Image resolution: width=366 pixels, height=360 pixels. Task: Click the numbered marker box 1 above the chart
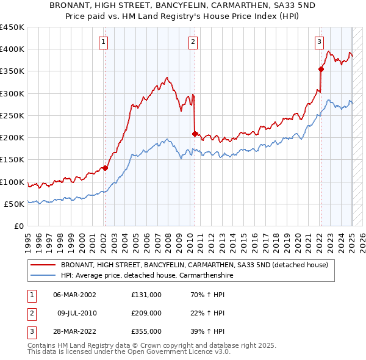[x=104, y=42]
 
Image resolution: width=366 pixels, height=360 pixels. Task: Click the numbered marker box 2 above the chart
[x=193, y=42]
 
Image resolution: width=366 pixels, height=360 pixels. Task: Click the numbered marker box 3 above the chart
[x=319, y=42]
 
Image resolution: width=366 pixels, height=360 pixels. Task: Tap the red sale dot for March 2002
[x=105, y=168]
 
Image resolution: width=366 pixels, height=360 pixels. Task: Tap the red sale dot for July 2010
[x=195, y=134]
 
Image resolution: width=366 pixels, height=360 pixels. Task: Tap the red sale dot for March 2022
[x=321, y=69]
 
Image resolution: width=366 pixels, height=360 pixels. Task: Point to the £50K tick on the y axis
[x=15, y=204]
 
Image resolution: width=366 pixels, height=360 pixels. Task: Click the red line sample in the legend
[x=43, y=265]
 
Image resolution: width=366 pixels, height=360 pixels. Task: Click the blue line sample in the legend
[x=43, y=275]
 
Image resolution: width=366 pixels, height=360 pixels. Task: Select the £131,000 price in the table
[x=146, y=294]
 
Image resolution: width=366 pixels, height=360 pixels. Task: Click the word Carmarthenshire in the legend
[x=204, y=275]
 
